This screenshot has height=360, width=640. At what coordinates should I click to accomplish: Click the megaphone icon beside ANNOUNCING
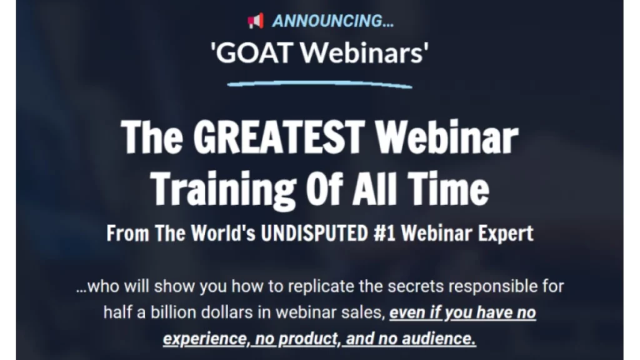coord(256,21)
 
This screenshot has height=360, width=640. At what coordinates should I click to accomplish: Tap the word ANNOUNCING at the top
coord(332,21)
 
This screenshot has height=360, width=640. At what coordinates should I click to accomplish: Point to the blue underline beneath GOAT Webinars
coord(319,82)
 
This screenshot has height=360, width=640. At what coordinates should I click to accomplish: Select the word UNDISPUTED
coord(312,234)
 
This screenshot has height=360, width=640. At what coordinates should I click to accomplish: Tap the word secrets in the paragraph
coord(411,287)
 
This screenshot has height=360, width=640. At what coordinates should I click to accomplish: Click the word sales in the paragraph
coord(360,312)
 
